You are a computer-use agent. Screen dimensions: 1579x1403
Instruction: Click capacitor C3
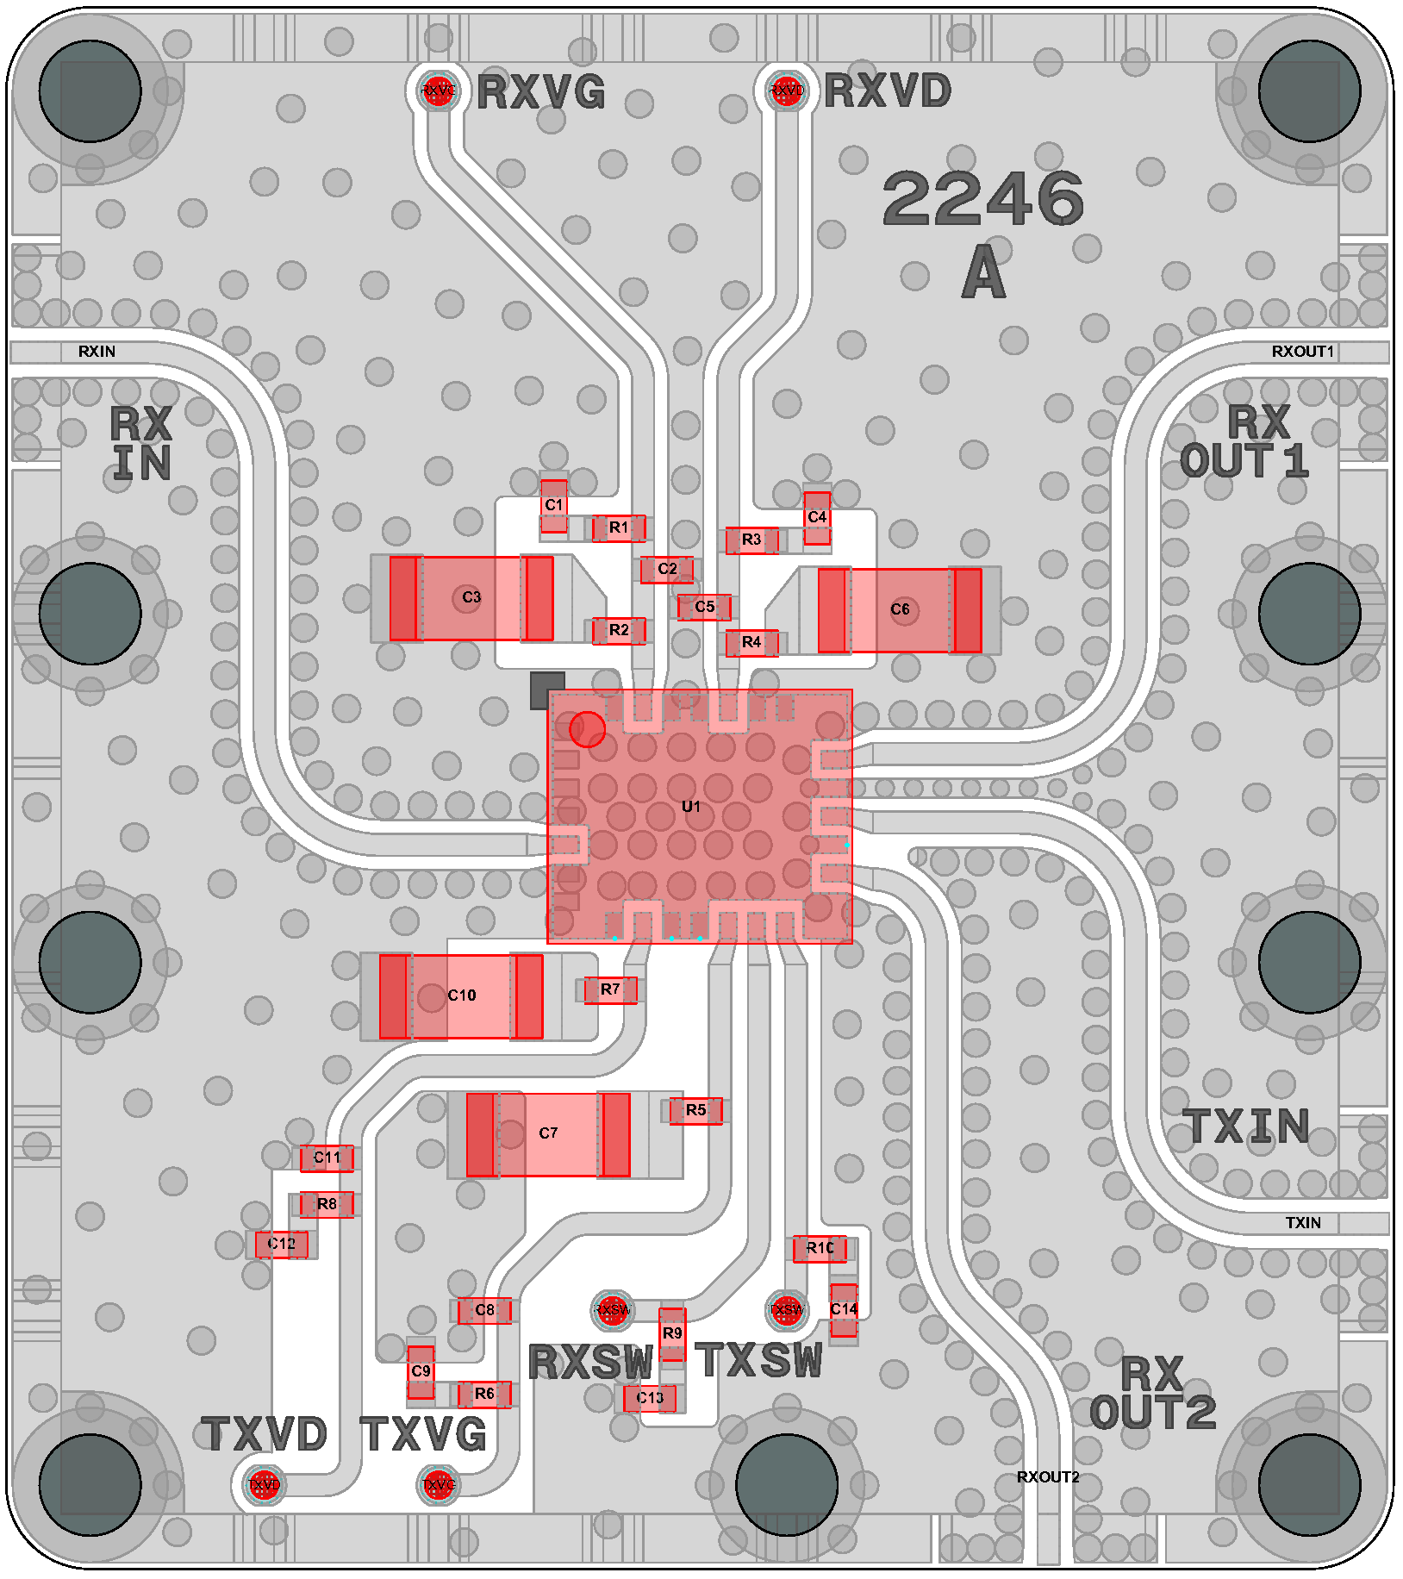pyautogui.click(x=471, y=598)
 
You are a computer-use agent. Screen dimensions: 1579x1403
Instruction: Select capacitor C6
pyautogui.click(x=899, y=609)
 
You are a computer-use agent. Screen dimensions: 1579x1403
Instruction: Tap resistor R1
pyautogui.click(x=619, y=527)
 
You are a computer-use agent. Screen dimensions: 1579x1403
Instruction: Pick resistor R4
pyautogui.click(x=751, y=642)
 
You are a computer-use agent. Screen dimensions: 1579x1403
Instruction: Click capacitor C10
pyautogui.click(x=461, y=995)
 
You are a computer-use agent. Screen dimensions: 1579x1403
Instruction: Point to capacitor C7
pyautogui.click(x=548, y=1133)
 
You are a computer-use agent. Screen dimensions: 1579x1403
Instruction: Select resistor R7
pyautogui.click(x=610, y=989)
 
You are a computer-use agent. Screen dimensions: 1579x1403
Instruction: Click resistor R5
pyautogui.click(x=695, y=1110)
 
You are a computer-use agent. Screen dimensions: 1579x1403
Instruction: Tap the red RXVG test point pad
pyautogui.click(x=438, y=90)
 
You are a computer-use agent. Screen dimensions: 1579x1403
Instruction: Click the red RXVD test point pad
pyautogui.click(x=786, y=90)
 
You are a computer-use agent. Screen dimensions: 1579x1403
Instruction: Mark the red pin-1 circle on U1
pyautogui.click(x=587, y=729)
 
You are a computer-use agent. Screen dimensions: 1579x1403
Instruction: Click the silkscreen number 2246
pyautogui.click(x=983, y=198)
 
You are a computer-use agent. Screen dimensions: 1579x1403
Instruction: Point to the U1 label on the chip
pyautogui.click(x=691, y=807)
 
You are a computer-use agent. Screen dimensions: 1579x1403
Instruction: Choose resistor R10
pyautogui.click(x=820, y=1248)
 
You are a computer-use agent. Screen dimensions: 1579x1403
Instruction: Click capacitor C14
pyautogui.click(x=844, y=1309)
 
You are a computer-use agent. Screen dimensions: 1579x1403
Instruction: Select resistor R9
pyautogui.click(x=672, y=1332)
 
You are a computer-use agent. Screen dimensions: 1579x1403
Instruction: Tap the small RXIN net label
pyautogui.click(x=97, y=352)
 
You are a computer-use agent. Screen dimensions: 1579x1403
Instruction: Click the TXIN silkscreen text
pyautogui.click(x=1246, y=1127)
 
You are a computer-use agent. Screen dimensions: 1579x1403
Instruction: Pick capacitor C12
pyautogui.click(x=281, y=1244)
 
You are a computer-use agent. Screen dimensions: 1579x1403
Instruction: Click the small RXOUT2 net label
pyautogui.click(x=1048, y=1477)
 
